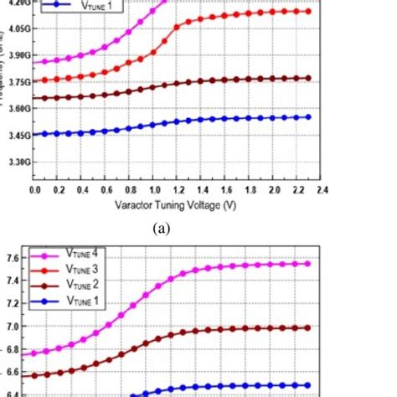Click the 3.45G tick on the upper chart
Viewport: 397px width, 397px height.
point(15,135)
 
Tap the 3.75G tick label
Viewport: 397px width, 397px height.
point(15,81)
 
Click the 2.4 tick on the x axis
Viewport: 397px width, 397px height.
point(321,191)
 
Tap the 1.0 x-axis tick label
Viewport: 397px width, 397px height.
point(154,191)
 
